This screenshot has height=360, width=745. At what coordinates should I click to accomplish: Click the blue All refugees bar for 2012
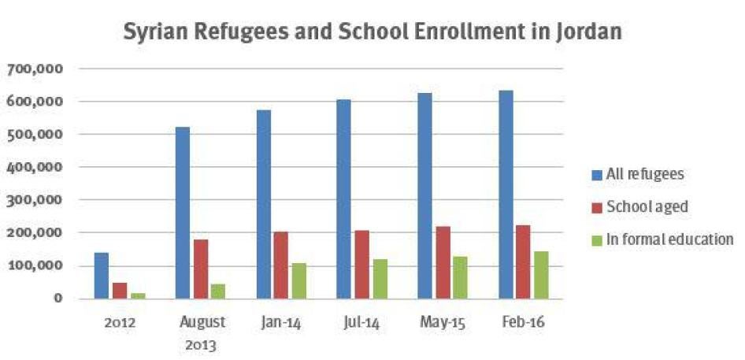[x=102, y=276]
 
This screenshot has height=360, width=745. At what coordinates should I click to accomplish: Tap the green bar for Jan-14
[x=299, y=281]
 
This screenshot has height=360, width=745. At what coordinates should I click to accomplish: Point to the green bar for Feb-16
[x=541, y=275]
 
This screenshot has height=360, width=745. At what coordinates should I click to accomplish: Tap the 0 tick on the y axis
[x=57, y=299]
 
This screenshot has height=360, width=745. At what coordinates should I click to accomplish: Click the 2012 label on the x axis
[x=119, y=323]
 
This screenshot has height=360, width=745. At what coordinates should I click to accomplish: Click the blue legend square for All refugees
[x=596, y=174]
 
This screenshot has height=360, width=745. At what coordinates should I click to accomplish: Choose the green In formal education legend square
[x=596, y=240]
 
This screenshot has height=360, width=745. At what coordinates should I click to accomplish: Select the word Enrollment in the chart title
[x=424, y=33]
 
